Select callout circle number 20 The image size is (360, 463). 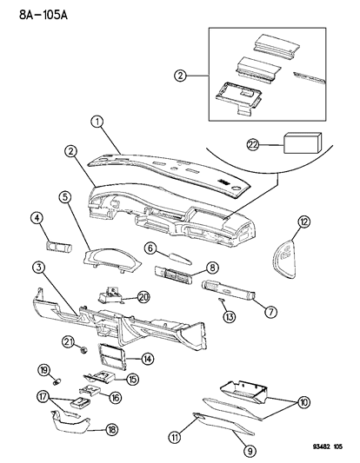click(144, 295)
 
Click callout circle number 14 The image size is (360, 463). click(148, 358)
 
